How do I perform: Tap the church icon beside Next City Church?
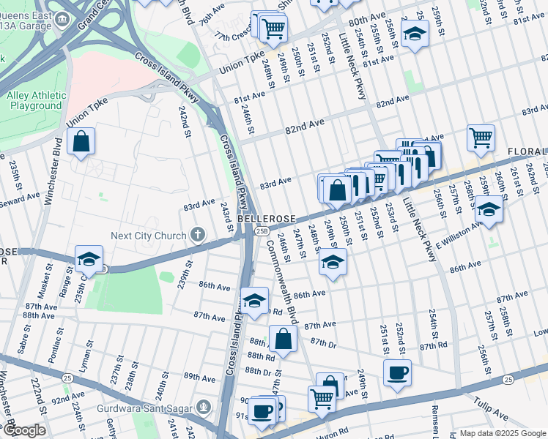(196, 235)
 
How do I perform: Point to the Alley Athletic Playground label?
(34, 100)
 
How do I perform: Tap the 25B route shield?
(262, 231)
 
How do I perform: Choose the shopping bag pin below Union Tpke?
(81, 140)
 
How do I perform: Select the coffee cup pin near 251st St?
(397, 372)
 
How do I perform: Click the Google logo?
(23, 430)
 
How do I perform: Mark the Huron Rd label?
(336, 432)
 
